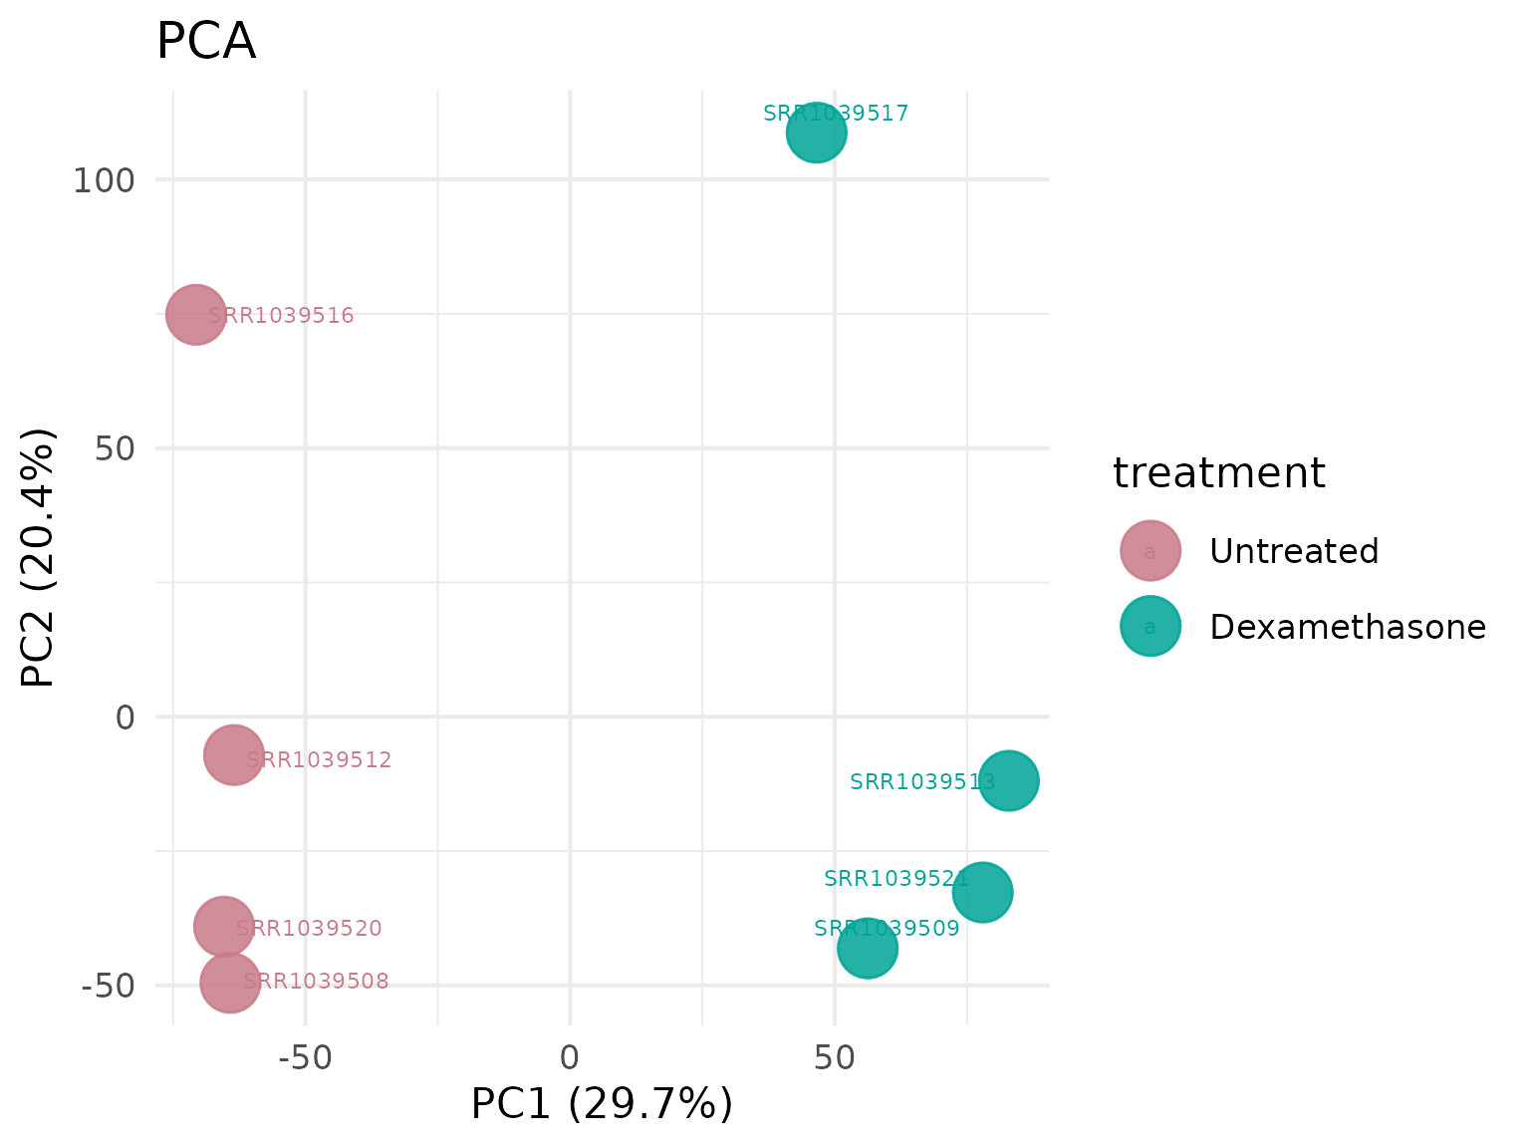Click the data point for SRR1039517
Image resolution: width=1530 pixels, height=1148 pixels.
(x=816, y=133)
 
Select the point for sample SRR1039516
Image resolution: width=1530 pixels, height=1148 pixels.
(x=195, y=314)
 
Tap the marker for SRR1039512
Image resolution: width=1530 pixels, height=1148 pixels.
(x=233, y=755)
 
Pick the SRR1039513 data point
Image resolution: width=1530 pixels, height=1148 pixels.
(x=1008, y=780)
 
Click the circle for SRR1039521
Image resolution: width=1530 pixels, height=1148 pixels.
(x=982, y=892)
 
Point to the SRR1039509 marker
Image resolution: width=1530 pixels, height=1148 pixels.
(x=867, y=948)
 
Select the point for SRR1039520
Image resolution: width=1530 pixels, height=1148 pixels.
(x=223, y=927)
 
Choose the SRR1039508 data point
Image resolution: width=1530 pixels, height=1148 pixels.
(x=229, y=983)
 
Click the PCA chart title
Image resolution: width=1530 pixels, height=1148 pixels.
(x=206, y=43)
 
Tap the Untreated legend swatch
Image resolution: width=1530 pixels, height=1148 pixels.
(x=1149, y=550)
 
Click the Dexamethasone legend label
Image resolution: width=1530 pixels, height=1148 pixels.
(x=1347, y=627)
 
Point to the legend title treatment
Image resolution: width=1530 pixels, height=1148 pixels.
(x=1218, y=473)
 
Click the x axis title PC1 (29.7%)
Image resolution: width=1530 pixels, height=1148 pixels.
(x=602, y=1104)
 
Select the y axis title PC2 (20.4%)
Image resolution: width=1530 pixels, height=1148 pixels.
(x=38, y=558)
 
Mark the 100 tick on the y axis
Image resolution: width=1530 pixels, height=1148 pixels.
(x=103, y=180)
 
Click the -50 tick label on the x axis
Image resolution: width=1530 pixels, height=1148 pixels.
(x=304, y=1057)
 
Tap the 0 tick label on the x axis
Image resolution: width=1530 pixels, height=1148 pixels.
(x=569, y=1057)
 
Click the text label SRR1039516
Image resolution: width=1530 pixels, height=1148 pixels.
(x=281, y=316)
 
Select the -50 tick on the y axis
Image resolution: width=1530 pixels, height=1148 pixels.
(x=108, y=986)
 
